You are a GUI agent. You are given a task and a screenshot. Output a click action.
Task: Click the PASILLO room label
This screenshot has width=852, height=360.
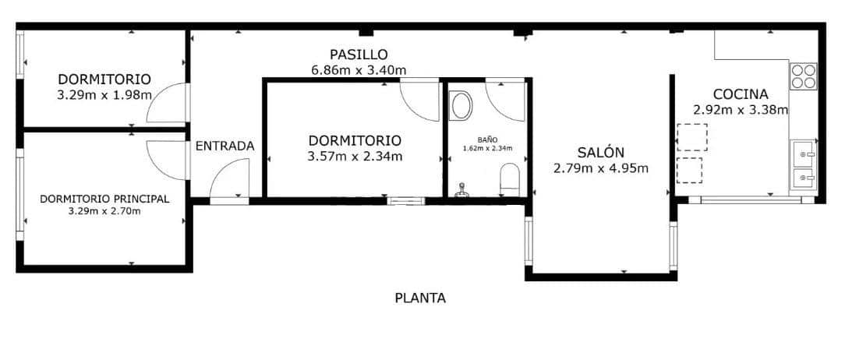point(359,55)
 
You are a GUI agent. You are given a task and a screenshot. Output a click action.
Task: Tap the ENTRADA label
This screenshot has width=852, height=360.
point(224,146)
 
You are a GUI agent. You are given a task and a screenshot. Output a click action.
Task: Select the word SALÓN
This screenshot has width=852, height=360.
point(600,153)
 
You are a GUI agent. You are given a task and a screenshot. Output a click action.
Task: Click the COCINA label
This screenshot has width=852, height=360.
point(741,94)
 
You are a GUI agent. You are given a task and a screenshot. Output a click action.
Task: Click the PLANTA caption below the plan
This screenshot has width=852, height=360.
point(420,297)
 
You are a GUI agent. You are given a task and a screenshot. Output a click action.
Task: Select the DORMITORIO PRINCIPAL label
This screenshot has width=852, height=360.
point(104,199)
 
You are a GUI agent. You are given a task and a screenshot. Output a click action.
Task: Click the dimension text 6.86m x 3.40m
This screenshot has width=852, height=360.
point(359,70)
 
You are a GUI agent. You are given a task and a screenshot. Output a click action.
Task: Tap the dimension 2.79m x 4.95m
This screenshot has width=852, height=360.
point(601,168)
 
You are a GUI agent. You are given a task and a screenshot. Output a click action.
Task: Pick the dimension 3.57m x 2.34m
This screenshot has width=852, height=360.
point(355,156)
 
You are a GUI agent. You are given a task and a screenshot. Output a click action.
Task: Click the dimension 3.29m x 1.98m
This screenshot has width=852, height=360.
point(104,94)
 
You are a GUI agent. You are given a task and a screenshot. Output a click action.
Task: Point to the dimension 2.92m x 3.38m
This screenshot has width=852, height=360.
point(741,109)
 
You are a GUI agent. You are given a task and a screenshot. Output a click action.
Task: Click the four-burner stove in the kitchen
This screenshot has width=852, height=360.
point(804,76)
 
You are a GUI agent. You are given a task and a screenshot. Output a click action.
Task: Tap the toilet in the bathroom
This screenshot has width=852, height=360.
point(509,178)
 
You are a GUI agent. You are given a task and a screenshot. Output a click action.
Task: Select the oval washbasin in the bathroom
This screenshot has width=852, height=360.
point(461,105)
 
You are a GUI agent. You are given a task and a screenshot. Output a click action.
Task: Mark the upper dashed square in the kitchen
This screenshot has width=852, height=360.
point(691,137)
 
